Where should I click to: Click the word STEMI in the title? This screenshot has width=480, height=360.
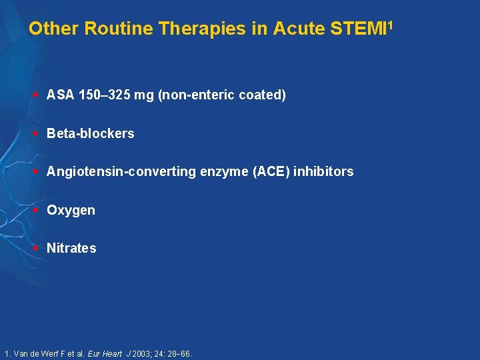pos(360,29)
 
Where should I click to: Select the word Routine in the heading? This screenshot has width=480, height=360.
pos(108,29)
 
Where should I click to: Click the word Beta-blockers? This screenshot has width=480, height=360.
pos(90,133)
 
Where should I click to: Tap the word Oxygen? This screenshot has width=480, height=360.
pos(71,211)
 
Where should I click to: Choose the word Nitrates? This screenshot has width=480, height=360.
pos(71,248)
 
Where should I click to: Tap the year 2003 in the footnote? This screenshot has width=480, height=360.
pos(141,354)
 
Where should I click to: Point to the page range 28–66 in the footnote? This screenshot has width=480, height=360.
pos(179,354)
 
